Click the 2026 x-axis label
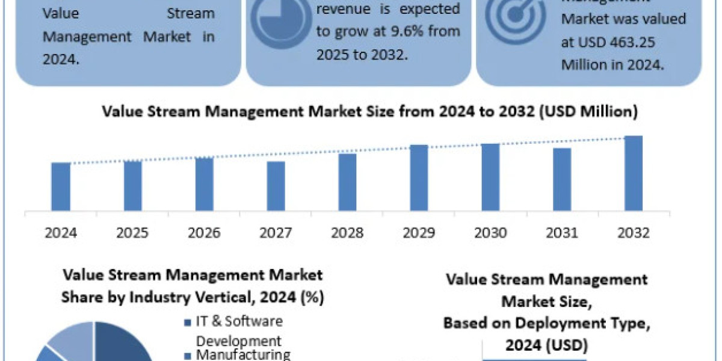pos(204,233)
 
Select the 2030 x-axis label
pos(490,233)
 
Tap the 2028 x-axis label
pos(347,233)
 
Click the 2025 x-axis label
pos(132,233)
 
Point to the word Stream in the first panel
pos(190,13)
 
